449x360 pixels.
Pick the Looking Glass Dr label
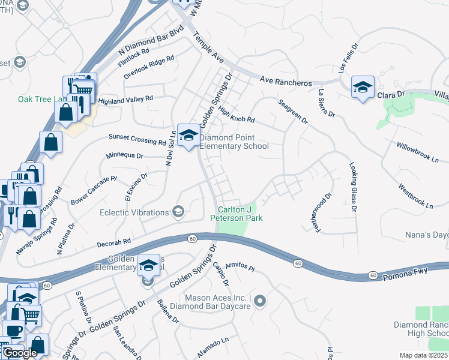(x=353, y=187)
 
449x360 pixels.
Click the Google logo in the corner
(x=20, y=353)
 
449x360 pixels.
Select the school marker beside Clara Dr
(x=363, y=86)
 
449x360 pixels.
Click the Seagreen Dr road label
(x=293, y=112)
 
